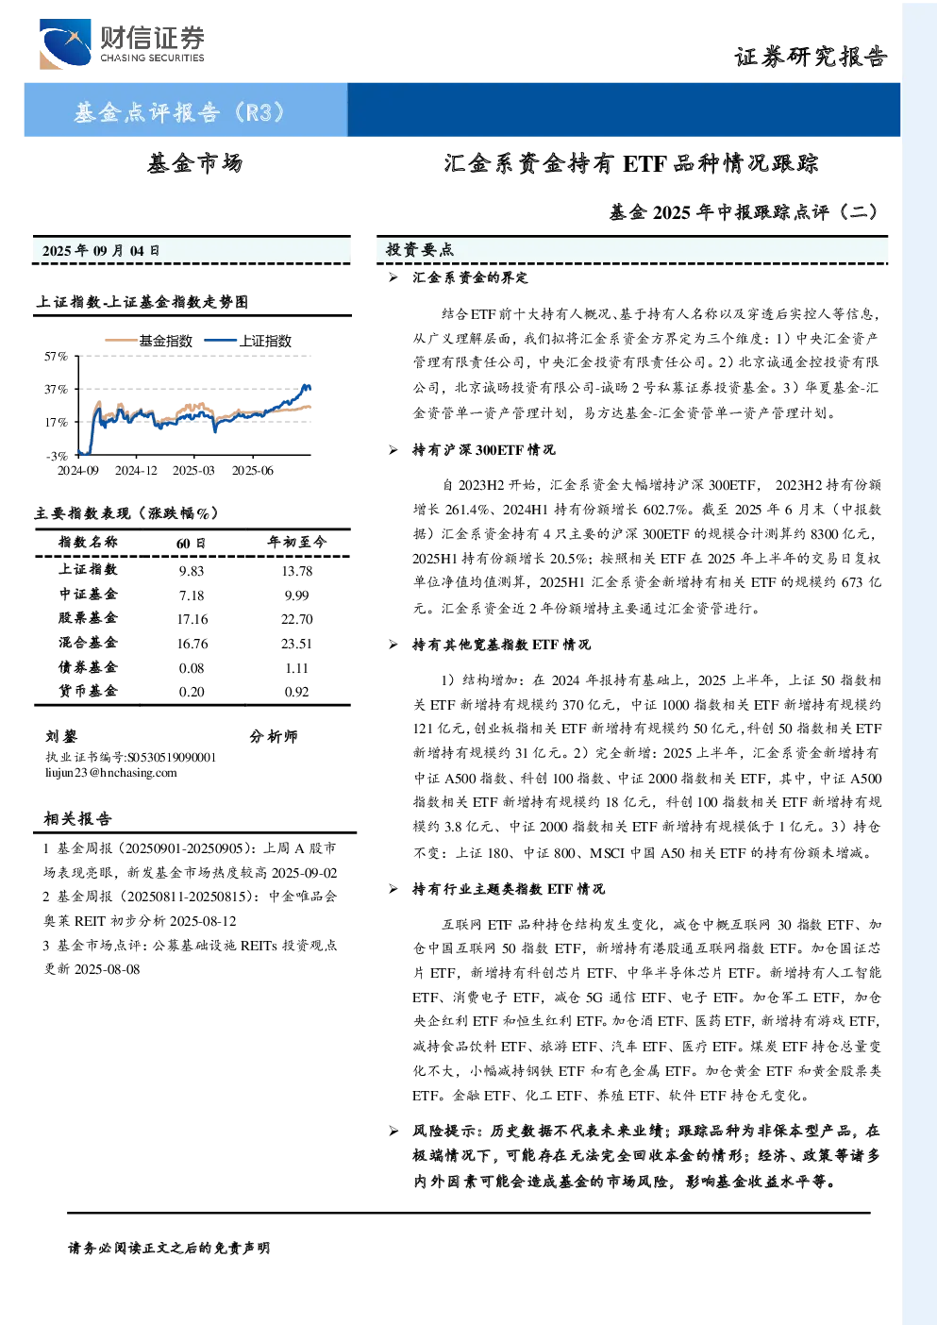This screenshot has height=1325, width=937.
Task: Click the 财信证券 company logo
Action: pos(122,43)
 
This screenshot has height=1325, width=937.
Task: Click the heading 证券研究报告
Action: pos(811,58)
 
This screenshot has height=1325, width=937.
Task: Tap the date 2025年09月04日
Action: pos(101,251)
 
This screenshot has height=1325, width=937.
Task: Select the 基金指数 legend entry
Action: pos(149,341)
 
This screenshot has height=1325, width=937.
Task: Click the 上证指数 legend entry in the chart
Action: pos(248,341)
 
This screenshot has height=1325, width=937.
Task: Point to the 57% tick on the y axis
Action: pos(57,356)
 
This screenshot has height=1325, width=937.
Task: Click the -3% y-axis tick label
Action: pos(57,456)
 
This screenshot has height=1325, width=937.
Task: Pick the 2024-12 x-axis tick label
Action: pos(136,470)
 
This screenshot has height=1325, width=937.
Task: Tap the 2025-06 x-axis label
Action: pos(253,470)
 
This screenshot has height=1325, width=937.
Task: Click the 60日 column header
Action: pos(191,543)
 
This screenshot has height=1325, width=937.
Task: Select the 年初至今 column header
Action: pos(296,542)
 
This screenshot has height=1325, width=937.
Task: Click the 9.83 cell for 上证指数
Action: pos(192,571)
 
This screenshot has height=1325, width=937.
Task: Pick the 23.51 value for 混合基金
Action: pos(296,644)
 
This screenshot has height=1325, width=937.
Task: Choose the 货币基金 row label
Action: pos(88,691)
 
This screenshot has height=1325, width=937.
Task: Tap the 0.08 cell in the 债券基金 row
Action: pos(192,668)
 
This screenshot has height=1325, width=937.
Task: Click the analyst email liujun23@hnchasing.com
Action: pos(111,773)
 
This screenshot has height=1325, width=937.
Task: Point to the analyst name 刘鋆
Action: pos(61,736)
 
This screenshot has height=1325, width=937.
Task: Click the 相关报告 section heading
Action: pos(77,818)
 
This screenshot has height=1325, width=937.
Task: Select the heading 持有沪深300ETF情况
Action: pos(484,450)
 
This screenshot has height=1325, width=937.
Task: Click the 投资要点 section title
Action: pos(420,250)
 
